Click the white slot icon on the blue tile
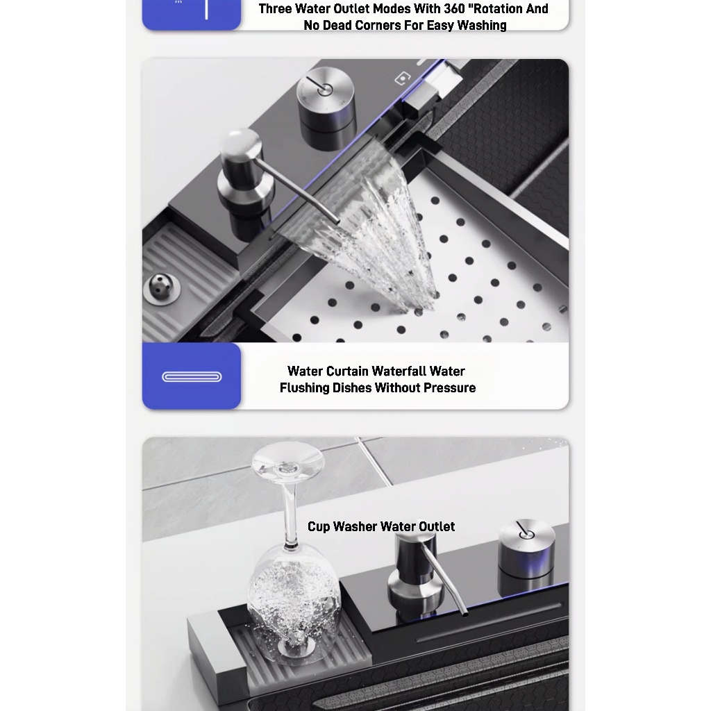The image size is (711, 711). (x=192, y=377)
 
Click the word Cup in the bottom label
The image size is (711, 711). (x=318, y=527)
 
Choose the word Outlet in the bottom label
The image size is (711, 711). (x=436, y=526)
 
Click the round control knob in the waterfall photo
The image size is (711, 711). (x=326, y=100)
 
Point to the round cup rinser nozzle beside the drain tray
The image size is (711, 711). (x=162, y=287)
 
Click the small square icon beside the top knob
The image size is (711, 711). (x=402, y=78)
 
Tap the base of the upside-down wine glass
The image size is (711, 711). (x=288, y=460)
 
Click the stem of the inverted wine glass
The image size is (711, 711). (x=291, y=513)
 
